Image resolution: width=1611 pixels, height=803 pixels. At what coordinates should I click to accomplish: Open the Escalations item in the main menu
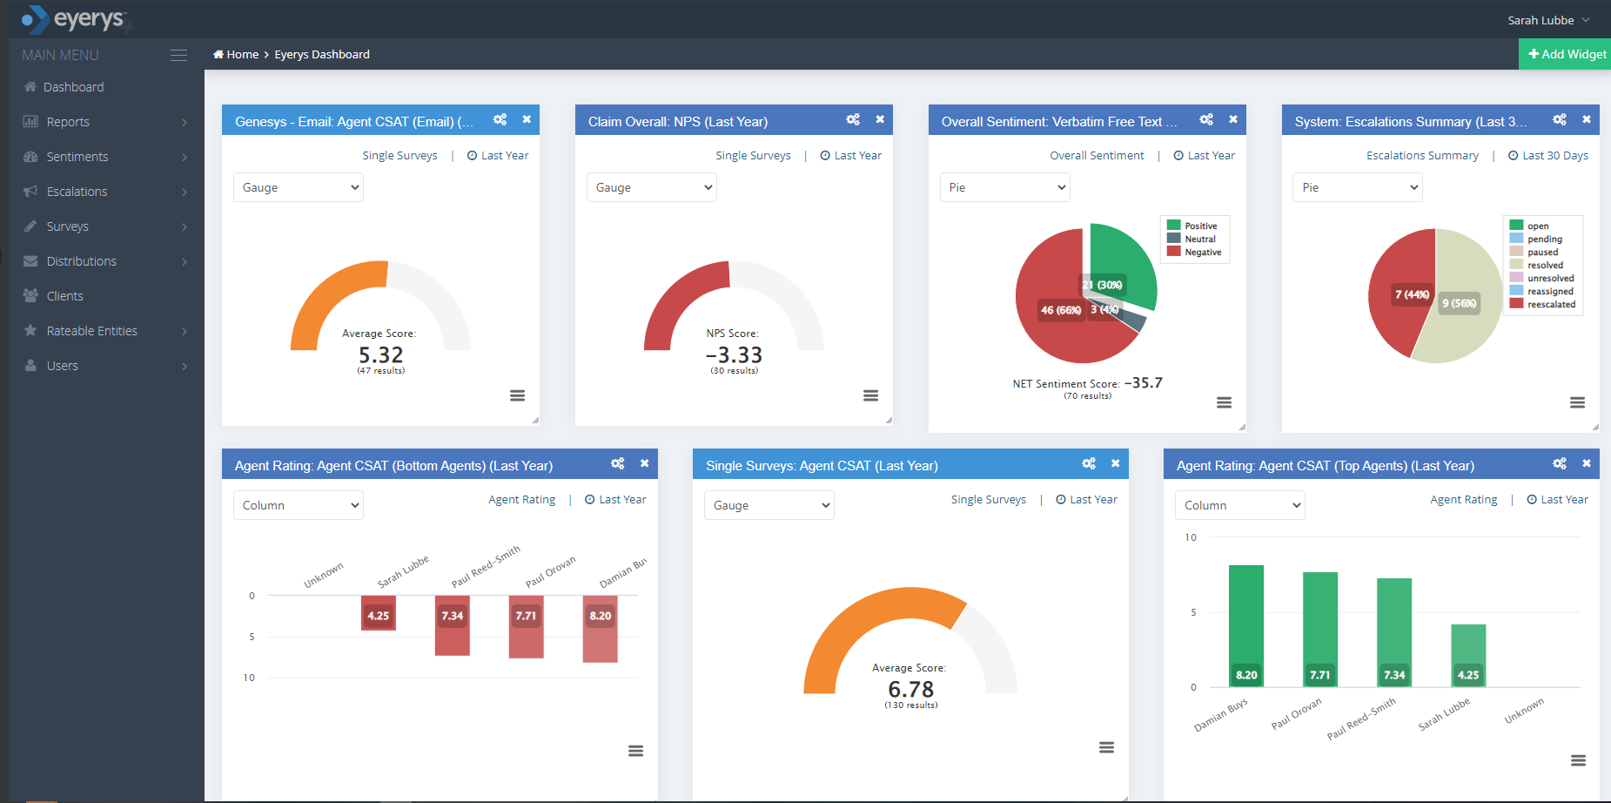click(77, 192)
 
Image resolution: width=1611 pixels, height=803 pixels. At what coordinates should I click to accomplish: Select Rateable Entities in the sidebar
click(91, 331)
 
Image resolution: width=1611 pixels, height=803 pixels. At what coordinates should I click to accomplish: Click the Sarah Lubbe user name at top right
click(1541, 20)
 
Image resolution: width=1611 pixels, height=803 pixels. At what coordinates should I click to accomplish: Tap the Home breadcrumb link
click(237, 54)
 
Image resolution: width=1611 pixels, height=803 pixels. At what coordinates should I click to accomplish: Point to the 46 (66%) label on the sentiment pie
click(1061, 310)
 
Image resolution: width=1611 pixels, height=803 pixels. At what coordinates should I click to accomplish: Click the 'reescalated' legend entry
click(1551, 305)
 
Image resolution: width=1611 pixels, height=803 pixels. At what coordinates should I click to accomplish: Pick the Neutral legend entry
click(1199, 240)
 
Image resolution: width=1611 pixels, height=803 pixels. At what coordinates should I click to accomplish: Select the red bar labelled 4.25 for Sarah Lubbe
click(379, 612)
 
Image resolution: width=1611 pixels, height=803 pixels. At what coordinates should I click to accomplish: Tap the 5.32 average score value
click(381, 355)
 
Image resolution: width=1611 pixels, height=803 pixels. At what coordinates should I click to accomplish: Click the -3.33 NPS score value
click(734, 355)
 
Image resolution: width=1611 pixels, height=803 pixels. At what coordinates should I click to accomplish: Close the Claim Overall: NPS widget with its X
click(880, 119)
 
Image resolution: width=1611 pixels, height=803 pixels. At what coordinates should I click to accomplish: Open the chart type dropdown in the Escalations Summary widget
click(1357, 187)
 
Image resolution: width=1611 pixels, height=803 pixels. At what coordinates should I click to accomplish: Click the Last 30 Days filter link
click(1554, 156)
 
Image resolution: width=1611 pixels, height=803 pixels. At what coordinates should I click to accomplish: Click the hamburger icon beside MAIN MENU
click(178, 55)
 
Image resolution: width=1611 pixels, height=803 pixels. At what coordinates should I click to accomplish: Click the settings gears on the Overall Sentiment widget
click(1206, 119)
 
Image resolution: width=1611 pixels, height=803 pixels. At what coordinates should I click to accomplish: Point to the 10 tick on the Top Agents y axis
click(1191, 537)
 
